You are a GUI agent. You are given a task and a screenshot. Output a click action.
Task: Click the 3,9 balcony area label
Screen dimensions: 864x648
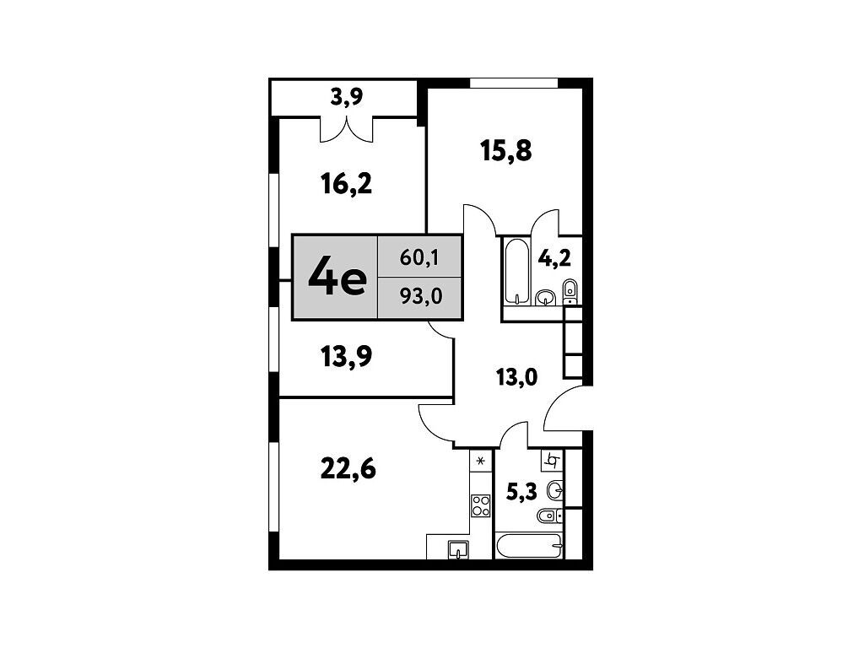pos(347,98)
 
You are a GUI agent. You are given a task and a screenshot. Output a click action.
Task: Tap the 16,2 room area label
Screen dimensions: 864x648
pos(347,183)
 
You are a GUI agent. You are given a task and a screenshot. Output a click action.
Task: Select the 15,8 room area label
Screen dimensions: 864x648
pos(506,150)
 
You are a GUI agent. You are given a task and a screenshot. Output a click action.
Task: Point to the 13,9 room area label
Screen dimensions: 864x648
pos(347,357)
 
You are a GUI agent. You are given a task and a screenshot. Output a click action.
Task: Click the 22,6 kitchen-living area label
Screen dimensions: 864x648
pos(348,469)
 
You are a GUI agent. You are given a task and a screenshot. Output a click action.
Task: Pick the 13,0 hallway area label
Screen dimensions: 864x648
pos(516,378)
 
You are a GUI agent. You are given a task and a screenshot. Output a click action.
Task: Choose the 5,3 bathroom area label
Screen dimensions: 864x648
pos(521,492)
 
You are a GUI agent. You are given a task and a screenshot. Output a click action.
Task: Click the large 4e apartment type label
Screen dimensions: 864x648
pos(337,277)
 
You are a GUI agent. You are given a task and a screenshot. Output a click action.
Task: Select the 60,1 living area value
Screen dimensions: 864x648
pos(419,257)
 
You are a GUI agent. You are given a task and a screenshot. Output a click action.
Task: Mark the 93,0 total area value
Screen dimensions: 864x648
pos(421,297)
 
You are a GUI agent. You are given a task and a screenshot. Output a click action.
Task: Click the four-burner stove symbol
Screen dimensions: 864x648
pos(481,506)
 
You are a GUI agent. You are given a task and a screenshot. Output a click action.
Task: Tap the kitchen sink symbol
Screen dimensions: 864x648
pos(458,549)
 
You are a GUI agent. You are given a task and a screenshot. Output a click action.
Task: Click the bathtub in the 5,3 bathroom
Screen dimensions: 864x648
pos(529,546)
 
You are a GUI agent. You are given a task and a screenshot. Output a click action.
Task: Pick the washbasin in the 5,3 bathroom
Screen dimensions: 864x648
pos(555,489)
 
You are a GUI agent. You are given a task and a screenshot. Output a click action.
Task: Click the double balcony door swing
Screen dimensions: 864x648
pos(347,129)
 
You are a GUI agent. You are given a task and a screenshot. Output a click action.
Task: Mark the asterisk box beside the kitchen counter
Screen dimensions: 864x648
pos(480,461)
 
